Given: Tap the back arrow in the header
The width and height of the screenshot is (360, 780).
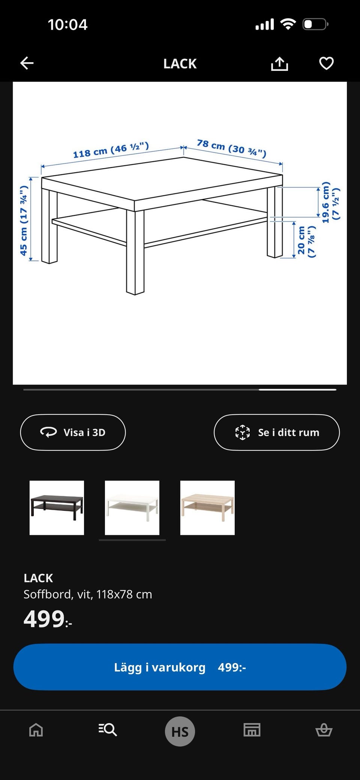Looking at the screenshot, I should (27, 63).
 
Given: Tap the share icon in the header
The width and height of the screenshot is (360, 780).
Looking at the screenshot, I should (279, 64).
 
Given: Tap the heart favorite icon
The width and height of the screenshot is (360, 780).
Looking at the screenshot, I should (326, 63).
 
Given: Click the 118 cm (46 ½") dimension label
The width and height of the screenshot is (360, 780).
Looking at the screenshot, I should (111, 150).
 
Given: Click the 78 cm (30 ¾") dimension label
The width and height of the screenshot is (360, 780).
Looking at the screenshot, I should (232, 148).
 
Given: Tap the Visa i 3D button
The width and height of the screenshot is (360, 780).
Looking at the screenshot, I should (73, 432).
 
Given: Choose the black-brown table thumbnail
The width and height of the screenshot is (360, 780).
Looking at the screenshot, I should (57, 508).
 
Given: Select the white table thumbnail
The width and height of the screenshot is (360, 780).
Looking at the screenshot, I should (132, 508).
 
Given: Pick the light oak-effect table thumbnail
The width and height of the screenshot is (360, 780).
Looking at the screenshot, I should (207, 508).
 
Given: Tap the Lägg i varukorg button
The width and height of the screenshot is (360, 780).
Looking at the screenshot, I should (180, 667).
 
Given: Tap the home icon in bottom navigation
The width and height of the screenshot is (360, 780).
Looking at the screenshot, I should (36, 730).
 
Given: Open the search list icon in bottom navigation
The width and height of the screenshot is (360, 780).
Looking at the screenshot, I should (108, 730).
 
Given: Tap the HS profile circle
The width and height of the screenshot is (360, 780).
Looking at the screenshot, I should (180, 731).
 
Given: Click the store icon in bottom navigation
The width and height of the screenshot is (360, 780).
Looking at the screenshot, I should (252, 730).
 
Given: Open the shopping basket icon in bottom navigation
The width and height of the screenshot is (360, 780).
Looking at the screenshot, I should (324, 730).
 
